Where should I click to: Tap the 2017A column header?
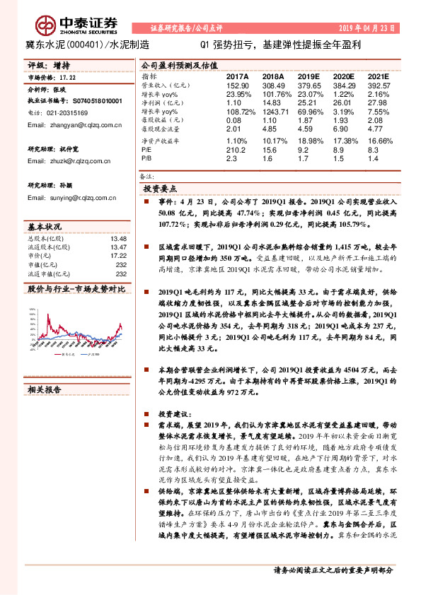(x=238, y=76)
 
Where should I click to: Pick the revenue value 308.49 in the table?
(x=272, y=84)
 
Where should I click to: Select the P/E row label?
(x=147, y=150)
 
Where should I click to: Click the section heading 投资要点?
(x=161, y=190)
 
